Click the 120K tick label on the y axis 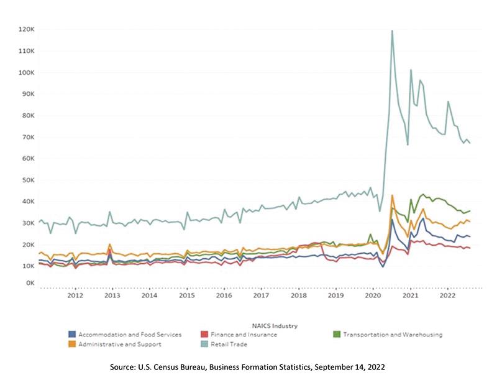(x=26, y=29)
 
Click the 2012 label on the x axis (x=75, y=296)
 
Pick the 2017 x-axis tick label (x=261, y=296)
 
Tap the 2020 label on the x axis (x=373, y=296)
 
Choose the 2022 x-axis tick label (x=447, y=296)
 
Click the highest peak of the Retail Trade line (x=392, y=30)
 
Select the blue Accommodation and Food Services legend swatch (x=71, y=335)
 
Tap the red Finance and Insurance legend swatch (x=204, y=335)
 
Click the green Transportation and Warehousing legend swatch (x=337, y=335)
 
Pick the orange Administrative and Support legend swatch (x=71, y=344)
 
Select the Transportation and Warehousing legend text (x=393, y=335)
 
